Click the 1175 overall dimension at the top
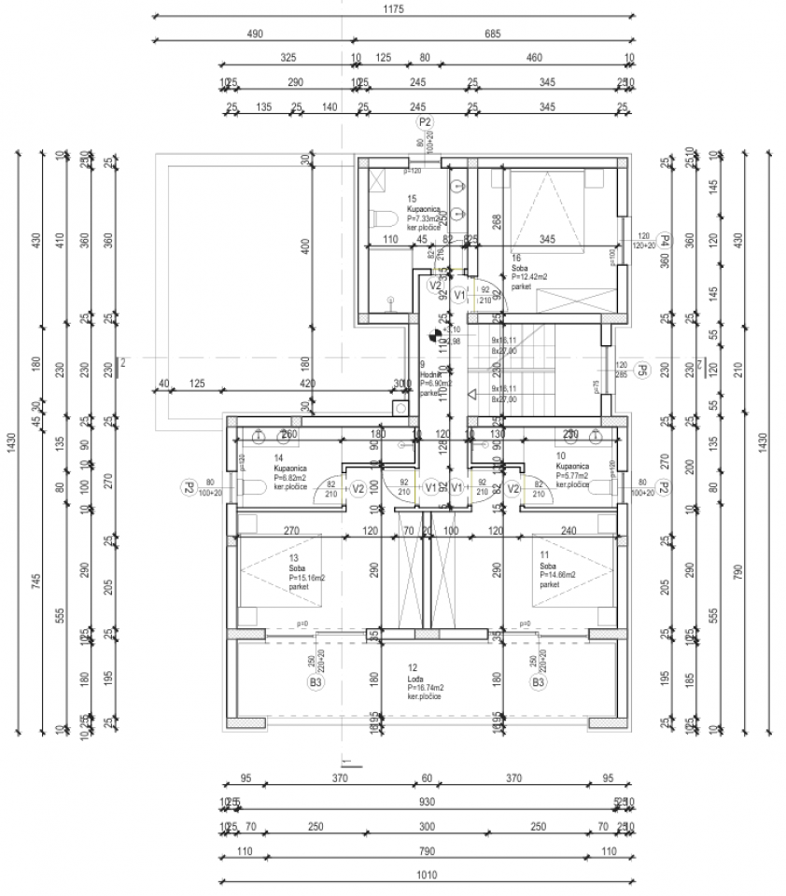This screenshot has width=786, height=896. click(x=392, y=10)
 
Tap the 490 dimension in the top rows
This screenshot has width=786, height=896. click(x=254, y=34)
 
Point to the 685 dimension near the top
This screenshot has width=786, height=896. click(x=493, y=34)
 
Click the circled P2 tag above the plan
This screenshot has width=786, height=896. click(x=425, y=122)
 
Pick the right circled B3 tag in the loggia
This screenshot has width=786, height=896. click(x=538, y=682)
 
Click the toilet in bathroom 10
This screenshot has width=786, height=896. click(x=600, y=486)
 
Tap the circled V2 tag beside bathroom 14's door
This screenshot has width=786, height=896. click(x=357, y=487)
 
